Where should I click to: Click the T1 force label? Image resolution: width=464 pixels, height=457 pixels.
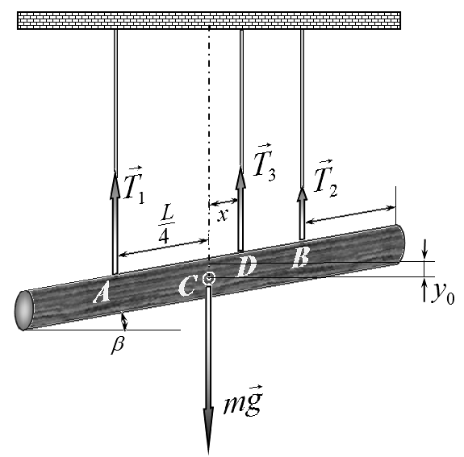point(134,185)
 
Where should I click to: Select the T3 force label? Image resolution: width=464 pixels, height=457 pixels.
point(265,162)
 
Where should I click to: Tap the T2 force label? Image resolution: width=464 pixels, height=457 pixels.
point(325,179)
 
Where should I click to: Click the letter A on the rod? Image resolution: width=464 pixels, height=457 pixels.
point(102,292)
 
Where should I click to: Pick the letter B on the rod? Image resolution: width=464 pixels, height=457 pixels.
point(301,257)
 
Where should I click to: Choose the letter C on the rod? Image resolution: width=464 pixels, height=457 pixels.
point(187,285)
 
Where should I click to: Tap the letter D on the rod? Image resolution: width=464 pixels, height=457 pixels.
point(246,266)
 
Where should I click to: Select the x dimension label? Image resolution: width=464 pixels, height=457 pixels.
point(223,215)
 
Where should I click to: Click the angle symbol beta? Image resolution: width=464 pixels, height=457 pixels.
point(118,345)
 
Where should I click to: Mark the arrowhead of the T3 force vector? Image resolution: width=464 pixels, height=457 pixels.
point(240,177)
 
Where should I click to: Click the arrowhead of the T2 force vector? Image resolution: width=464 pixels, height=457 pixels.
point(302,194)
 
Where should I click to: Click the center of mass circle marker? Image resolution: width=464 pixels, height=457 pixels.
point(209,278)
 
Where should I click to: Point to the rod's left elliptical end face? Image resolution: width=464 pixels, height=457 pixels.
point(24,310)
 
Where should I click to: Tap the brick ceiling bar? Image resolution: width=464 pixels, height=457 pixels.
point(209,20)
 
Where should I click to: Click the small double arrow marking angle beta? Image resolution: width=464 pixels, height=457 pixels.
point(124,322)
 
